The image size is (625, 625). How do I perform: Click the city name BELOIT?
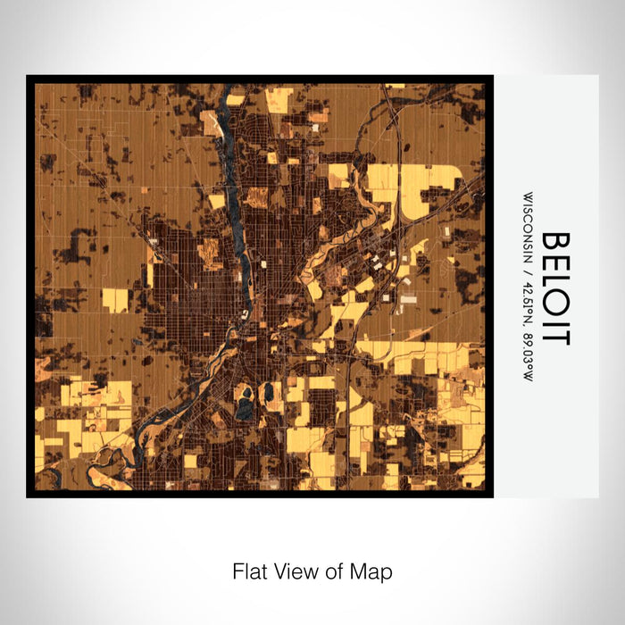coord(554,287)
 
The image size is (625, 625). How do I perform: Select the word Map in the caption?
coord(371,570)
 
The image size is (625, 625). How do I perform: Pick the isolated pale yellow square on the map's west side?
coord(114,300)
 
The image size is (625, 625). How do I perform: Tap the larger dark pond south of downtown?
coord(244,408)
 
